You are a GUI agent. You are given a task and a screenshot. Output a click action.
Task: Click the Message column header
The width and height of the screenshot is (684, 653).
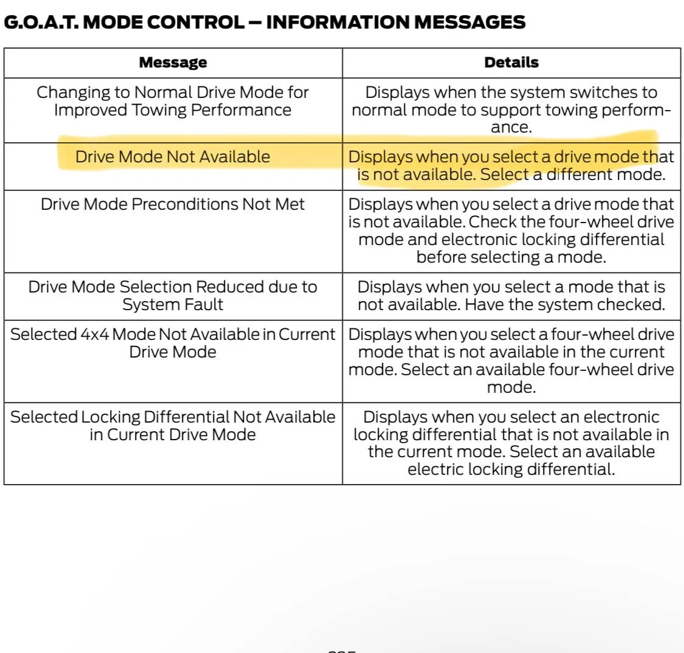coord(173,63)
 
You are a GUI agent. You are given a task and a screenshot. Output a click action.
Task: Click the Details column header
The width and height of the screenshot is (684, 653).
coord(511,63)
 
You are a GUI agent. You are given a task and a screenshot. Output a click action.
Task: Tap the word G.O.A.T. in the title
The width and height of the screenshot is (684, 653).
coord(37,22)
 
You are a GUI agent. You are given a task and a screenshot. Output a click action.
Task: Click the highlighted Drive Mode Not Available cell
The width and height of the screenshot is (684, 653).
coord(173,157)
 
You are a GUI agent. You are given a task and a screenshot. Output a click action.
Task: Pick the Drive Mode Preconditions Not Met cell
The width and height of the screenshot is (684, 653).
coord(173,204)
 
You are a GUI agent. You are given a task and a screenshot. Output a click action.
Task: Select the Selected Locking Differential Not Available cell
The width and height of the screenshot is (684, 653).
coord(173,426)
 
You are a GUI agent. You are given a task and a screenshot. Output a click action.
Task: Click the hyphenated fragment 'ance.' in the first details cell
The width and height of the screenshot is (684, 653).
coord(511,128)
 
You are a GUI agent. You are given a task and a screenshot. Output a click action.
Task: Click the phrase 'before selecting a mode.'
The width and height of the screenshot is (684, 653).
coord(511,257)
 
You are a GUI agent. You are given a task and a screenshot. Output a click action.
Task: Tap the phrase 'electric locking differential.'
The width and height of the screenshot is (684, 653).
coord(511,469)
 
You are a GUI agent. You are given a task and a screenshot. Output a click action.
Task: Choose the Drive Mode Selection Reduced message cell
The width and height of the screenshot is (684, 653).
coord(173,295)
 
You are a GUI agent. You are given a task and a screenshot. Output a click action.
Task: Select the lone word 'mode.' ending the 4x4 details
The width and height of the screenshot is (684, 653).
coord(511,387)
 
